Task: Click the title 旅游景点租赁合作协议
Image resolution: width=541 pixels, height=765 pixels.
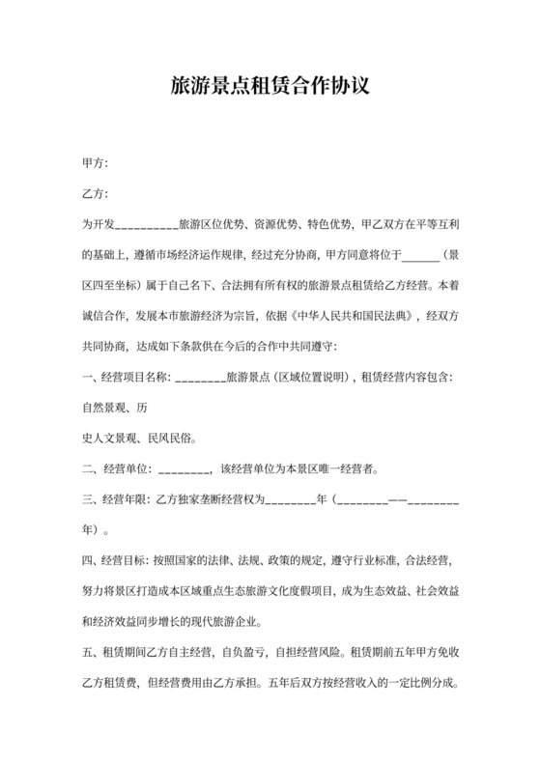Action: tap(270, 88)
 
